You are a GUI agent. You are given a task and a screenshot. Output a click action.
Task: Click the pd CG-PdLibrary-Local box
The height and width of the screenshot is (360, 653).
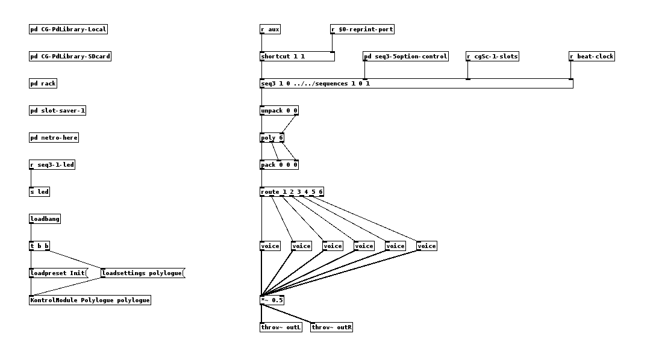pyautogui.click(x=68, y=29)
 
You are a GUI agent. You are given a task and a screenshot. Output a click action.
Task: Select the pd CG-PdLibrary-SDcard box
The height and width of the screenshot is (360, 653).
pyautogui.click(x=70, y=57)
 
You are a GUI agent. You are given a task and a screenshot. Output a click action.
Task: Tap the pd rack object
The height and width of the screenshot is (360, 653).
pyautogui.click(x=43, y=84)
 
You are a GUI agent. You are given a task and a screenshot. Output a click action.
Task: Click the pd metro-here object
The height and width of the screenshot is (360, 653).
pyautogui.click(x=54, y=138)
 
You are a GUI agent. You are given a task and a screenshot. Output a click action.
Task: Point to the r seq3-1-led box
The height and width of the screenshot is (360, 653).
pyautogui.click(x=52, y=165)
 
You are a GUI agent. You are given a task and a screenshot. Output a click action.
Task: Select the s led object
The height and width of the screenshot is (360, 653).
pyautogui.click(x=40, y=192)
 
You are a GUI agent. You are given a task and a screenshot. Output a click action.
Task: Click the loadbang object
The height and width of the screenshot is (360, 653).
pyautogui.click(x=45, y=219)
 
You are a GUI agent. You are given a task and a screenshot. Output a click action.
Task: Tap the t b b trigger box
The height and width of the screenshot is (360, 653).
pyautogui.click(x=40, y=246)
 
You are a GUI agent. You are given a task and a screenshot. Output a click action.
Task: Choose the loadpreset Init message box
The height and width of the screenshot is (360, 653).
pyautogui.click(x=58, y=273)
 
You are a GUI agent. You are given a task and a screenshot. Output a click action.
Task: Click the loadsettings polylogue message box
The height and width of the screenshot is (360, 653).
pyautogui.click(x=142, y=273)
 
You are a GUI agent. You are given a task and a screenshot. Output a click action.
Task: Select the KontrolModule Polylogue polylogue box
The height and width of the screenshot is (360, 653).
pyautogui.click(x=90, y=300)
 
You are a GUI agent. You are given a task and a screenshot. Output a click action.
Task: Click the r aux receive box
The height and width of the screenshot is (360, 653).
pyautogui.click(x=270, y=29)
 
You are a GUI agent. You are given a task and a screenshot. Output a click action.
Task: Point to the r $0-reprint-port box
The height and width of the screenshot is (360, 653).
pyautogui.click(x=362, y=29)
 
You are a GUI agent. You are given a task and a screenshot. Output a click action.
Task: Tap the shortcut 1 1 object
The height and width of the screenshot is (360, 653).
pyautogui.click(x=297, y=57)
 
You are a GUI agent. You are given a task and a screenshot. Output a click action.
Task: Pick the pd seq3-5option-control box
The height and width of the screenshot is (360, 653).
pyautogui.click(x=405, y=57)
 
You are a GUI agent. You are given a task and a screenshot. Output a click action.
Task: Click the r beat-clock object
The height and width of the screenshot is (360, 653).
pyautogui.click(x=592, y=57)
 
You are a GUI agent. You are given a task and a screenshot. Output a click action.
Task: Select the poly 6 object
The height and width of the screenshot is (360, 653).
pyautogui.click(x=272, y=138)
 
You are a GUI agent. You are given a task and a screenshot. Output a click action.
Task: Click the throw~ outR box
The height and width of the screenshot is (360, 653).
pyautogui.click(x=332, y=327)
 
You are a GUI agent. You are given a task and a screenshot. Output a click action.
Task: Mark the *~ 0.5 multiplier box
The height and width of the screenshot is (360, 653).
pyautogui.click(x=272, y=300)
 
